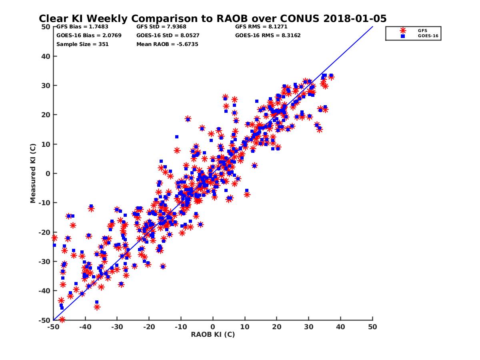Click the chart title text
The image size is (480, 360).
pyautogui.click(x=212, y=19)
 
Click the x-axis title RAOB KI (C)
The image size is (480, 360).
pyautogui.click(x=212, y=334)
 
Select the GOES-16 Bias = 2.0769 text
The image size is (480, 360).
pyautogui.click(x=89, y=35)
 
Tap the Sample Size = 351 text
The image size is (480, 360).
pyautogui.click(x=82, y=44)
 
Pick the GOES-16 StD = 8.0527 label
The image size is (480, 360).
pyautogui.click(x=168, y=35)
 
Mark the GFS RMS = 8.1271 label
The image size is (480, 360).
pyautogui.click(x=261, y=27)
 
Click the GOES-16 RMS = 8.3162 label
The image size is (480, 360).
pyautogui.click(x=268, y=35)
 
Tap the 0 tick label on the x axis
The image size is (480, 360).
pyautogui.click(x=213, y=327)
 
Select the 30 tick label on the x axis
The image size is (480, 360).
pyautogui.click(x=309, y=327)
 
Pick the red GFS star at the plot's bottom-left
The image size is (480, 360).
pyautogui.click(x=62, y=320)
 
